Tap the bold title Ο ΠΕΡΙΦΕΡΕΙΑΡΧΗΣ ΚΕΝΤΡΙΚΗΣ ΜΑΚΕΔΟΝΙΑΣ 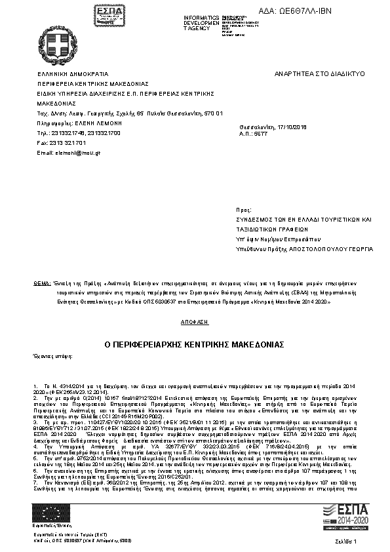[194, 344]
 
